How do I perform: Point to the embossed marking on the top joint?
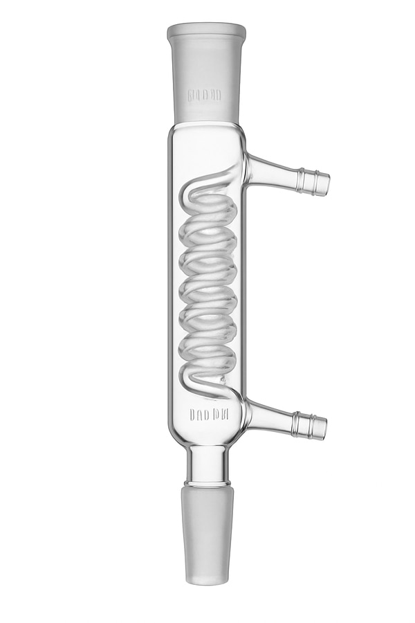click(206, 94)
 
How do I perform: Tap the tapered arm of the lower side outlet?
click(273, 417)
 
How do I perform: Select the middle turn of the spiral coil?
click(207, 288)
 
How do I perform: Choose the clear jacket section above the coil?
click(206, 149)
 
